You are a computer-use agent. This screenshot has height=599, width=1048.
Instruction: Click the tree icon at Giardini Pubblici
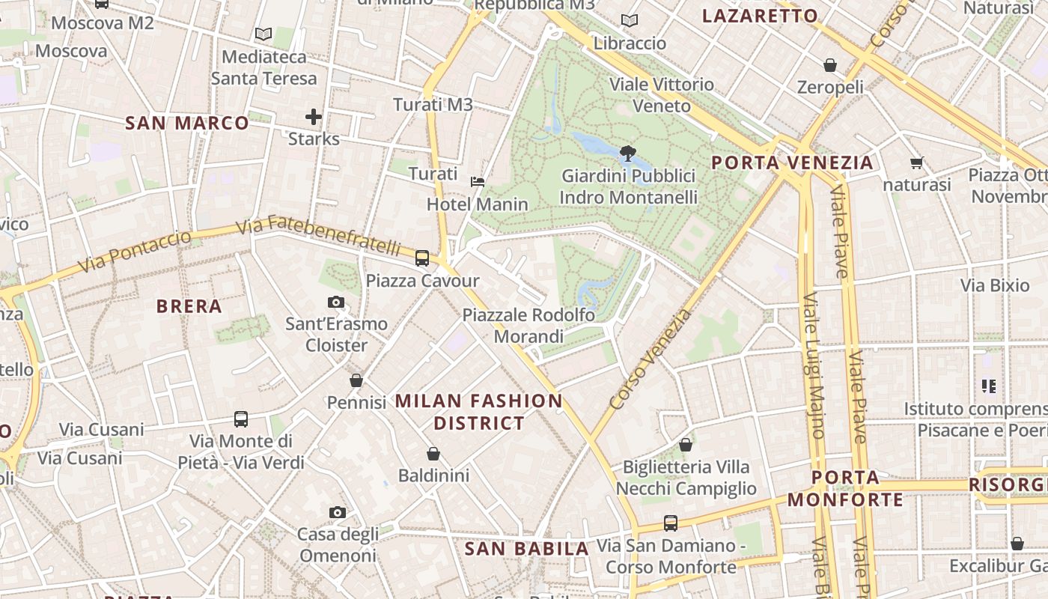click(x=628, y=153)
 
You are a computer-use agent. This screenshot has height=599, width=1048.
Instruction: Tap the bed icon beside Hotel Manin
click(x=478, y=182)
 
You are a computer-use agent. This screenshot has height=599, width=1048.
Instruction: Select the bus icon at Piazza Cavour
click(x=422, y=258)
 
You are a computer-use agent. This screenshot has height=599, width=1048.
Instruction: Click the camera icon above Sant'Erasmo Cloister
click(x=336, y=302)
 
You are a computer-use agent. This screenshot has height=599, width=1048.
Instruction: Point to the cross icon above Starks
click(x=314, y=117)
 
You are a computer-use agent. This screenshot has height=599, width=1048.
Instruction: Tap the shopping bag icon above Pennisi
click(x=356, y=380)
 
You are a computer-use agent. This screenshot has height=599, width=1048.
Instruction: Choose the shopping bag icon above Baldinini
click(x=433, y=454)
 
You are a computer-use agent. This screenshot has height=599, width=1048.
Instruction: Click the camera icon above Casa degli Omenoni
click(x=338, y=513)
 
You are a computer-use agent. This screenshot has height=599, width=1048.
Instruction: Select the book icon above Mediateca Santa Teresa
click(x=263, y=34)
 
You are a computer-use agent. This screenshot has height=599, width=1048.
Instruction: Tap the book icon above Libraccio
click(x=630, y=21)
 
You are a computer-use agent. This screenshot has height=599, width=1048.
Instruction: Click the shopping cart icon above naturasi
click(x=916, y=162)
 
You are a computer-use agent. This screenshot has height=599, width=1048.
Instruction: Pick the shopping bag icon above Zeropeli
click(x=829, y=65)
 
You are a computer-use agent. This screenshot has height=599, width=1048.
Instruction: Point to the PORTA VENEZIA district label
click(x=792, y=162)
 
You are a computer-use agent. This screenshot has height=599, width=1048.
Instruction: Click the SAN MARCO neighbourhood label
click(x=187, y=123)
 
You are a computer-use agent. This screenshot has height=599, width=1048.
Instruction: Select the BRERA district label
click(x=189, y=305)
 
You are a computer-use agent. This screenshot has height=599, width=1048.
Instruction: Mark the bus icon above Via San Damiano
click(x=671, y=523)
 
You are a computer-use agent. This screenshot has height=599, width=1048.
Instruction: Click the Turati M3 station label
click(x=433, y=105)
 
